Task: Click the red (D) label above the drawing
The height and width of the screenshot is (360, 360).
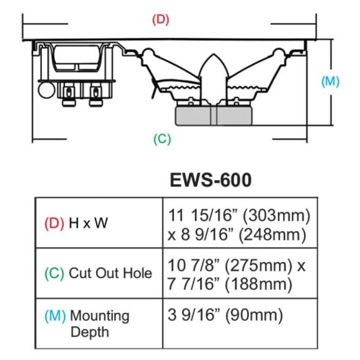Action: point(161,18)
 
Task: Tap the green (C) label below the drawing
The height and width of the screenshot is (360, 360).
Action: point(162,139)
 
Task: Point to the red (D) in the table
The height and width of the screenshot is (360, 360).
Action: point(54,224)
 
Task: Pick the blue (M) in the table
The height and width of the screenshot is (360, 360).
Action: point(55,315)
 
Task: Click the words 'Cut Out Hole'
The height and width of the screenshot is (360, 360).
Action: point(110,273)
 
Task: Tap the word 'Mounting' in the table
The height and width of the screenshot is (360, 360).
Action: point(99,315)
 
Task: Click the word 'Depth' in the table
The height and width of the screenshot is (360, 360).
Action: point(90,332)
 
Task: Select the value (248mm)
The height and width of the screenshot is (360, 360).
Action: point(273,234)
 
